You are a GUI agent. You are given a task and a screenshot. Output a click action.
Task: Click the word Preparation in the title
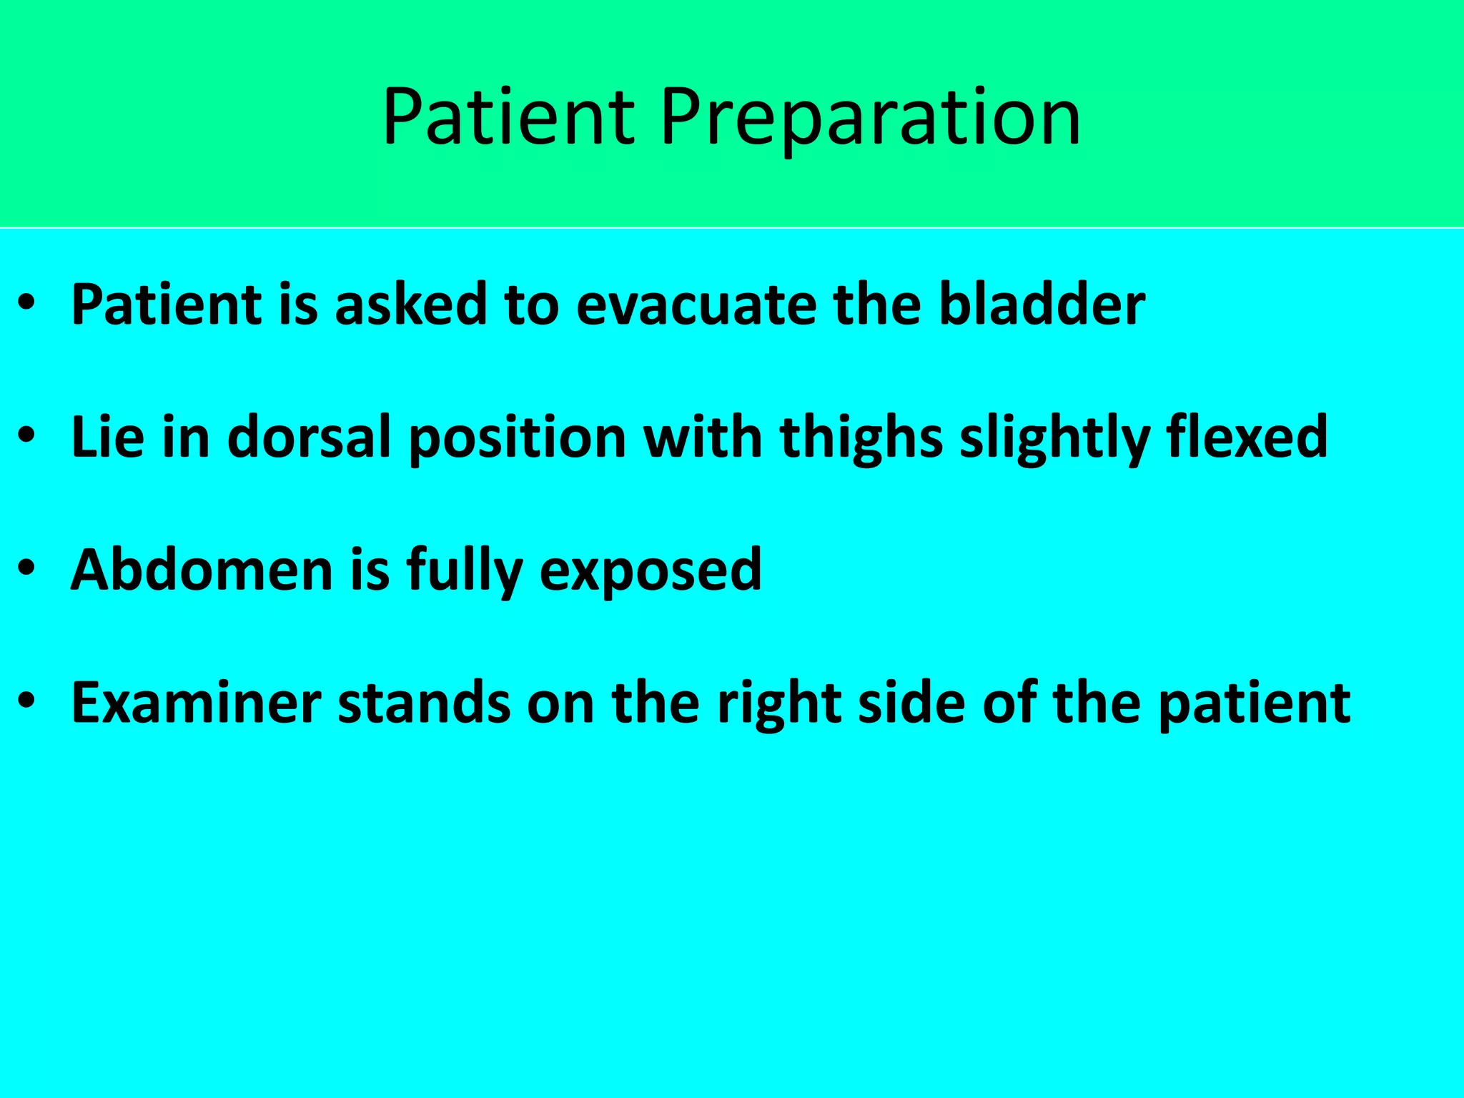click(870, 118)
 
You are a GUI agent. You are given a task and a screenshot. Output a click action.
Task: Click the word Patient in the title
click(508, 118)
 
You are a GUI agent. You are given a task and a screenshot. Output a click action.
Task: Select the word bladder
click(1042, 305)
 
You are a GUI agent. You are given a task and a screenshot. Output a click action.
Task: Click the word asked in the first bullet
click(410, 305)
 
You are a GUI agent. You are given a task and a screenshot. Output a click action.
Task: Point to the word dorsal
click(309, 437)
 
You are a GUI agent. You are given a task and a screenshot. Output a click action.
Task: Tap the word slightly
click(1054, 437)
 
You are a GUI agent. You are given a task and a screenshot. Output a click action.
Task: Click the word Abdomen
click(202, 570)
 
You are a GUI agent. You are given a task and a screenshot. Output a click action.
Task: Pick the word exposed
click(650, 570)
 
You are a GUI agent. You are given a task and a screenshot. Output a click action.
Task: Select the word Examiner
click(197, 703)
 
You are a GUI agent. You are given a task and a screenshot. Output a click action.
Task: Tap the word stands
click(424, 703)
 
